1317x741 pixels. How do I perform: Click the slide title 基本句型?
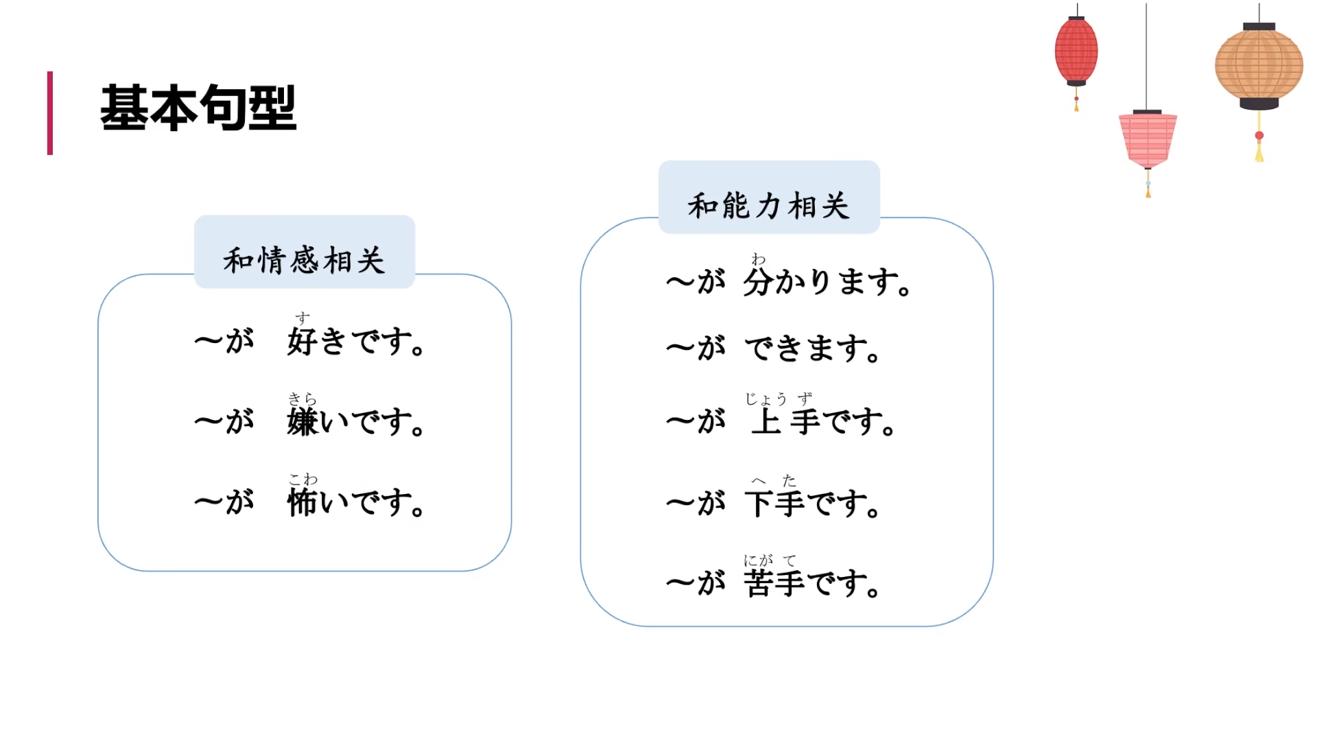198,108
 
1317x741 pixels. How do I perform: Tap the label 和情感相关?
304,261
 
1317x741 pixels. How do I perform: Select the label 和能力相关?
768,206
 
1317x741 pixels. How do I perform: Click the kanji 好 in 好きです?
302,341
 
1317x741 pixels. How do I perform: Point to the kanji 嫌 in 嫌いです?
302,421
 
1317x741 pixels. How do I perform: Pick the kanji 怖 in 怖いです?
302,502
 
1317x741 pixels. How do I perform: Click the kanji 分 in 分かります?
759,281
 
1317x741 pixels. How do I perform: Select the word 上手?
786,421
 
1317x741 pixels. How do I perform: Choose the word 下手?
775,503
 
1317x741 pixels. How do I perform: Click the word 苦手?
775,583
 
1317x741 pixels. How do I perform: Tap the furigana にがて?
770,561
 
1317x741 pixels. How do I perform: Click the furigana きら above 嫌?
302,399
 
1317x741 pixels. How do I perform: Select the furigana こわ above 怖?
302,479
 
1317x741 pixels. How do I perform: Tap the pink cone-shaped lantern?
1148,139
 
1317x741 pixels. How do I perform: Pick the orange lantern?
1259,65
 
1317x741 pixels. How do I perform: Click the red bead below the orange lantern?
1259,136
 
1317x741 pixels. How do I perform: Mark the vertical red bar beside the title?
50,113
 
